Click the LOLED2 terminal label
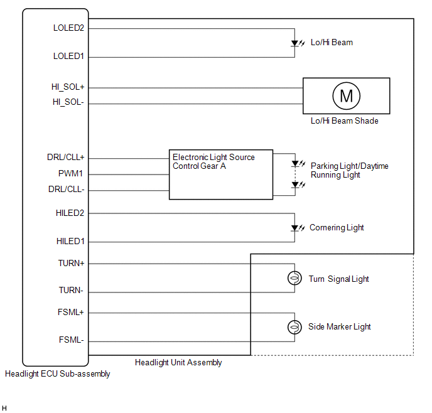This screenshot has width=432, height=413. (68, 28)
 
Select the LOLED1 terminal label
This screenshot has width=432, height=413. (68, 56)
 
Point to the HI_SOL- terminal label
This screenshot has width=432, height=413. (68, 103)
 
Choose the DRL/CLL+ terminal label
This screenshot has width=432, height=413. (65, 158)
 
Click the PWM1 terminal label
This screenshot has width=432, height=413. (72, 174)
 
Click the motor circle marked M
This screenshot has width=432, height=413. (346, 96)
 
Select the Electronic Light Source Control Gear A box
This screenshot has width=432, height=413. (221, 174)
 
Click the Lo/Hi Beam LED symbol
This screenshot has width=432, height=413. (294, 43)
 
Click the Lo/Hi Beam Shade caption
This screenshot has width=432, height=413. (344, 121)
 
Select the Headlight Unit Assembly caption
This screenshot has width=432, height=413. (178, 362)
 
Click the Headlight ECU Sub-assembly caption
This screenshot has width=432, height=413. (57, 374)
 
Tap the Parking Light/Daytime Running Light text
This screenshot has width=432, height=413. (349, 170)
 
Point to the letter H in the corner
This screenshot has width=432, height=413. (4, 408)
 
